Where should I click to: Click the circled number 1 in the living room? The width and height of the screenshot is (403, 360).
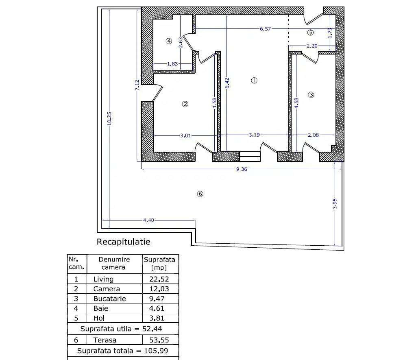[254, 81]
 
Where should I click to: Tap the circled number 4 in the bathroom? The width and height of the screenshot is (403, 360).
[169, 41]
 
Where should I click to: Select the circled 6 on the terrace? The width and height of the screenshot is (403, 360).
[200, 194]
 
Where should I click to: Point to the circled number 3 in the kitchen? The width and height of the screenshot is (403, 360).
[311, 95]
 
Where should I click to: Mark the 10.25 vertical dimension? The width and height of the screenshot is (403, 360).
[109, 119]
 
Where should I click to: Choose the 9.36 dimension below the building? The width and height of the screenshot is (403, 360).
[242, 169]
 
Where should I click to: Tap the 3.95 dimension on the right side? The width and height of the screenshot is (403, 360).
[335, 203]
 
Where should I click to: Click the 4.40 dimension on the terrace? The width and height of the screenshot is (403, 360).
[148, 220]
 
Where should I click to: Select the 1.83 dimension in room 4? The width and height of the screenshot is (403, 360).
[172, 64]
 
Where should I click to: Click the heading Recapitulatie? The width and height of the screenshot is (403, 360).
[123, 242]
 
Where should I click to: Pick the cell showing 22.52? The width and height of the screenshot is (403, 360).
[160, 279]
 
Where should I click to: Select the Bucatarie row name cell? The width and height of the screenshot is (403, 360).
[109, 299]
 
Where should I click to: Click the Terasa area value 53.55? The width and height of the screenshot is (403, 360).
[160, 340]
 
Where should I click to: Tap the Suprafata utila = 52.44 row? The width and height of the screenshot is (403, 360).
[123, 329]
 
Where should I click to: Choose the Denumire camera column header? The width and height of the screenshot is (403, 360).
[114, 263]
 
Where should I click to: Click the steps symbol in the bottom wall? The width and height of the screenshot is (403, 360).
[250, 157]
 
